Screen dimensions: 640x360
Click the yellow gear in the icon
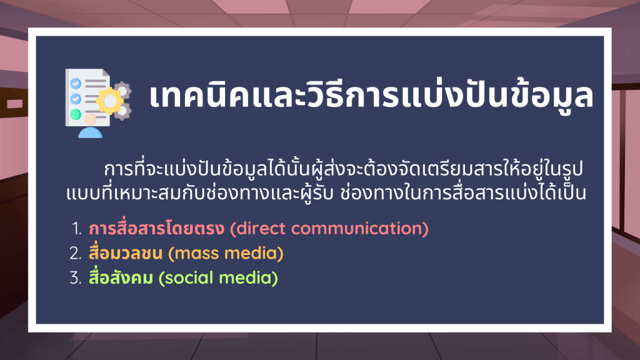click(x=109, y=101)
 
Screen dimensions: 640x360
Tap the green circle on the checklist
click(x=76, y=114)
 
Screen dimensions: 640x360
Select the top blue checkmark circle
click(x=76, y=84)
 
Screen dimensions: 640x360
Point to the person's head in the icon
click(x=90, y=119)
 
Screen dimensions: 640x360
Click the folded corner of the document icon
click(x=106, y=73)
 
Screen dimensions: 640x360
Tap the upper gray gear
click(x=122, y=91)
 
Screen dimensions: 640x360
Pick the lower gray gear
click(x=122, y=111)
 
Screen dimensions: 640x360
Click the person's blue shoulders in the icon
click(x=90, y=132)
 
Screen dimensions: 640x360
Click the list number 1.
click(x=76, y=229)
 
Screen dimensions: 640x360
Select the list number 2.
click(x=76, y=254)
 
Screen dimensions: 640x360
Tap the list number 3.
click(x=76, y=278)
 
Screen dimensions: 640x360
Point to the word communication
click(x=356, y=229)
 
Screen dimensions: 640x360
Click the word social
click(x=189, y=278)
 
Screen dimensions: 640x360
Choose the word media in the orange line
click(x=251, y=254)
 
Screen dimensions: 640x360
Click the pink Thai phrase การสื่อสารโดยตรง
click(x=157, y=228)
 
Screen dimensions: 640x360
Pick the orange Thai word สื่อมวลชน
click(x=126, y=253)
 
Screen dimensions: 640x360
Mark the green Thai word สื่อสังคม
click(x=121, y=277)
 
